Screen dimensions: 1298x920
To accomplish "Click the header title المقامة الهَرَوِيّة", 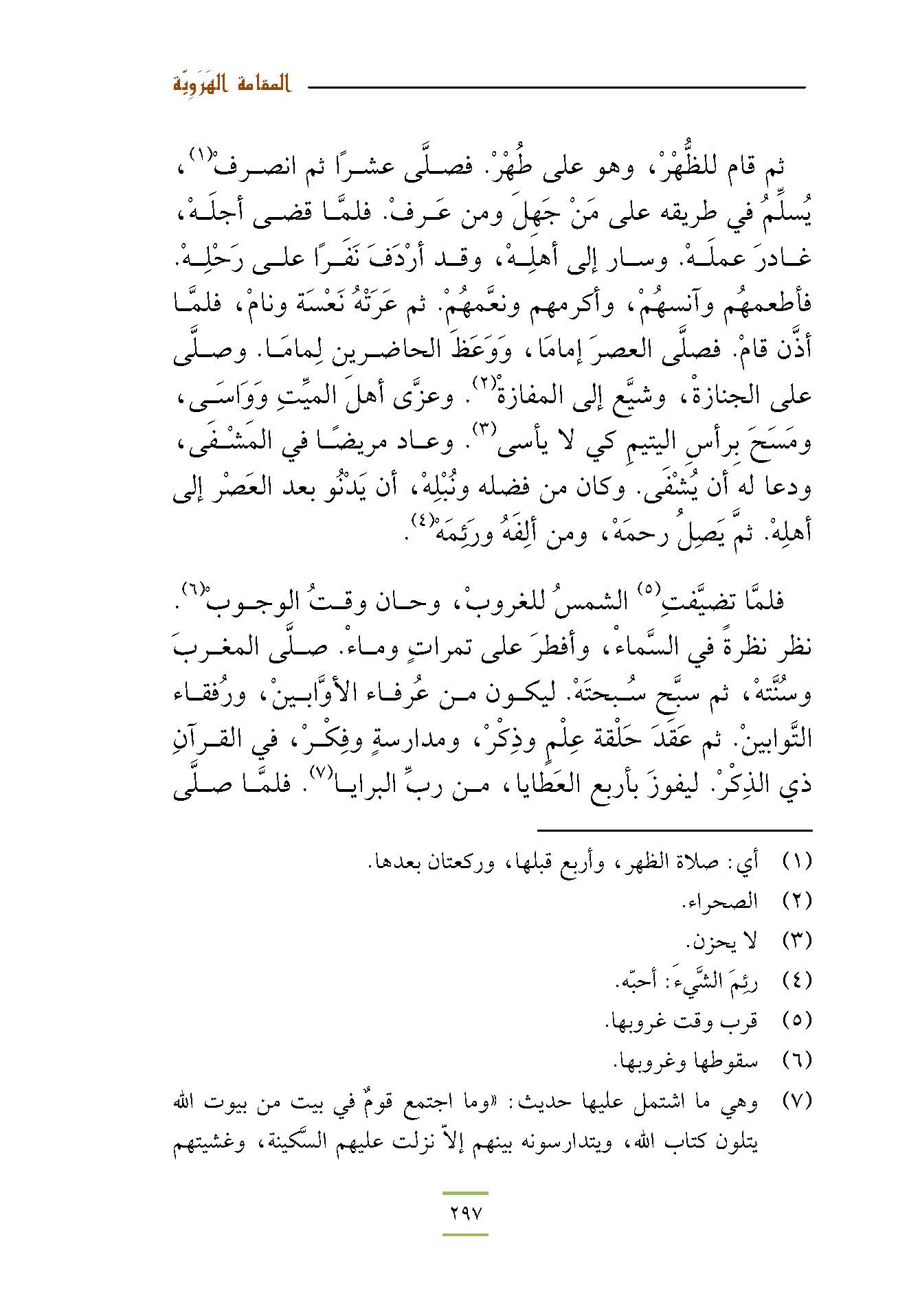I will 230,87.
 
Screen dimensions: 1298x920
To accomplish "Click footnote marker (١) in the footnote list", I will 797,860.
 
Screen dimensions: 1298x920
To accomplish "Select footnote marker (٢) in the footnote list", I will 797,900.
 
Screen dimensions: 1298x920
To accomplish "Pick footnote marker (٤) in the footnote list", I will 797,981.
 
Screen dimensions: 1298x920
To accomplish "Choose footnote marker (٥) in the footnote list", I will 797,1021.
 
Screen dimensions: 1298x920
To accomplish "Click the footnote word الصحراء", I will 721,901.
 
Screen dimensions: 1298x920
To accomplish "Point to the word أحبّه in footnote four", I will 633,981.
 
